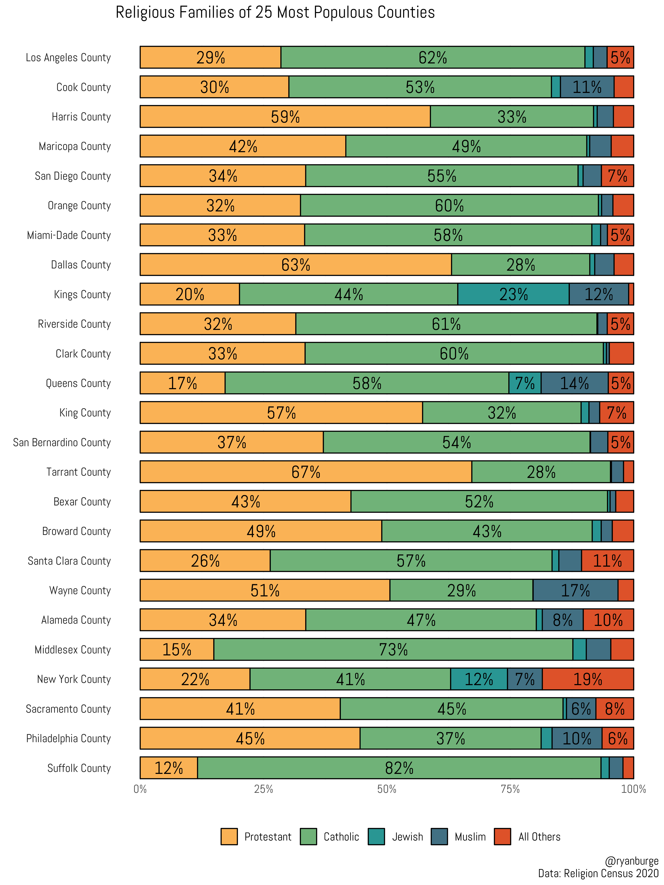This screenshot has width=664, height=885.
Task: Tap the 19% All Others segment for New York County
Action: coord(588,679)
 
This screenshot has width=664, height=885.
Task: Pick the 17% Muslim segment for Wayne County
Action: coord(575,590)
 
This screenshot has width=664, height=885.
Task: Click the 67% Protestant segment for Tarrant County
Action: coord(305,472)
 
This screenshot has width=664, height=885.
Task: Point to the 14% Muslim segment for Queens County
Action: coord(574,383)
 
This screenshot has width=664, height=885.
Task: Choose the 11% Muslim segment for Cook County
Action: coord(587,87)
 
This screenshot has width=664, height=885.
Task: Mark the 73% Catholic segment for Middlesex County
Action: coord(393,649)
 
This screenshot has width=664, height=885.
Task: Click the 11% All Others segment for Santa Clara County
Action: coord(607,560)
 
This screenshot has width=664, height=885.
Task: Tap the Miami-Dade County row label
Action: coord(69,235)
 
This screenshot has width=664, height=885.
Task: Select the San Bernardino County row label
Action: coord(62,442)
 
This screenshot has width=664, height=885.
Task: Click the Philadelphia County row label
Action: coord(68,738)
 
